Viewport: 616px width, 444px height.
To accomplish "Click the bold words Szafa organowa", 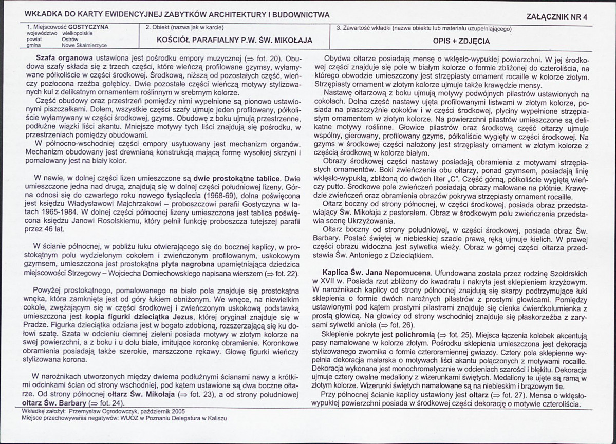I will [65, 58].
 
